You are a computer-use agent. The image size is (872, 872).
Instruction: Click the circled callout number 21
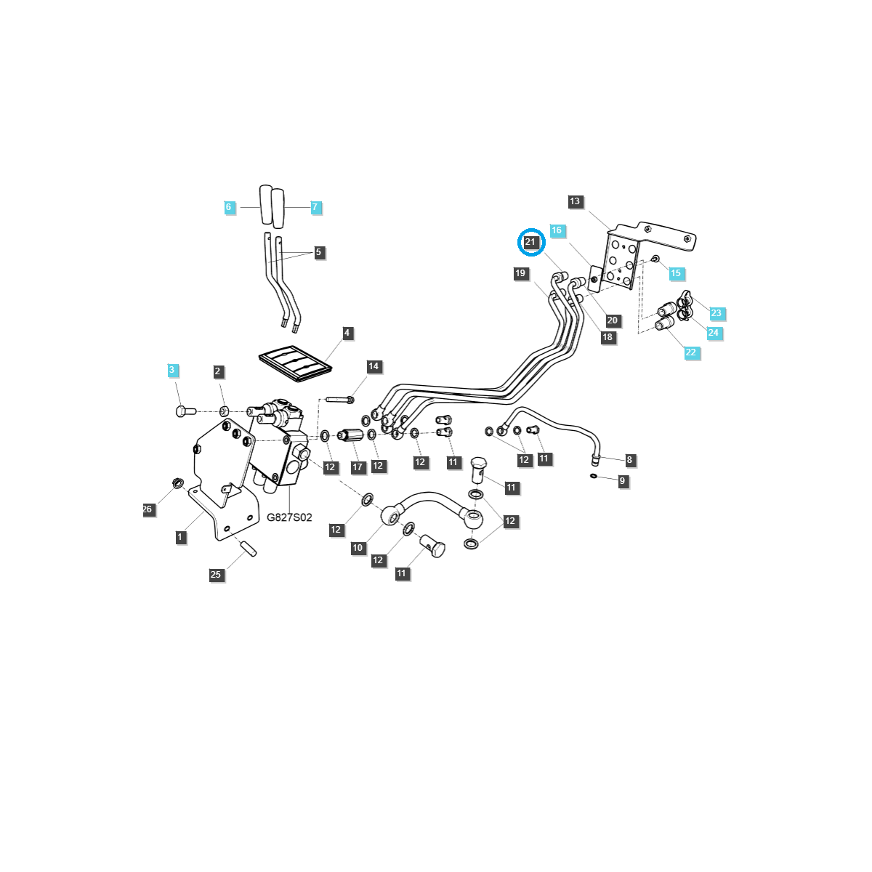530,242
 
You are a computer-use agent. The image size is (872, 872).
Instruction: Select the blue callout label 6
228,207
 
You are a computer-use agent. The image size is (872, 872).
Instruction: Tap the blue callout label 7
315,207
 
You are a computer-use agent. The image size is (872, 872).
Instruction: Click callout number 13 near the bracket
576,201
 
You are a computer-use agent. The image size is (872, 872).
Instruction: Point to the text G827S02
289,517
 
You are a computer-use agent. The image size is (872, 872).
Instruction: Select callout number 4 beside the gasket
347,333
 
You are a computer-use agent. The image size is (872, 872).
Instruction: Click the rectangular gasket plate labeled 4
295,363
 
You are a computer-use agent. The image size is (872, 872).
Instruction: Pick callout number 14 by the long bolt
374,366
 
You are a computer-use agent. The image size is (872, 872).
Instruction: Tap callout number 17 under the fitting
358,467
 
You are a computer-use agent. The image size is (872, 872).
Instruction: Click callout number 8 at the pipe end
629,460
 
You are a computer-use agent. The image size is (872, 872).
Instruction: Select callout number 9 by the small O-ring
622,481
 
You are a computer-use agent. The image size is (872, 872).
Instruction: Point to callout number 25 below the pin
216,575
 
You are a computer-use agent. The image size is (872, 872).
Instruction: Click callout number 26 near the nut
148,509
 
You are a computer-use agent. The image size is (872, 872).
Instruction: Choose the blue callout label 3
172,370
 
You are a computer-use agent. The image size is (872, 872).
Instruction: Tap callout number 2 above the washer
217,371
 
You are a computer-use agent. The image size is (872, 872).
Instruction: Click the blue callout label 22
690,352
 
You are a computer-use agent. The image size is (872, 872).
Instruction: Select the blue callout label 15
676,273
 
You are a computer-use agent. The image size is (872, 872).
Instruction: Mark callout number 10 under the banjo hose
358,548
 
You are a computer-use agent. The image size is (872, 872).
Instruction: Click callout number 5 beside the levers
318,252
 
